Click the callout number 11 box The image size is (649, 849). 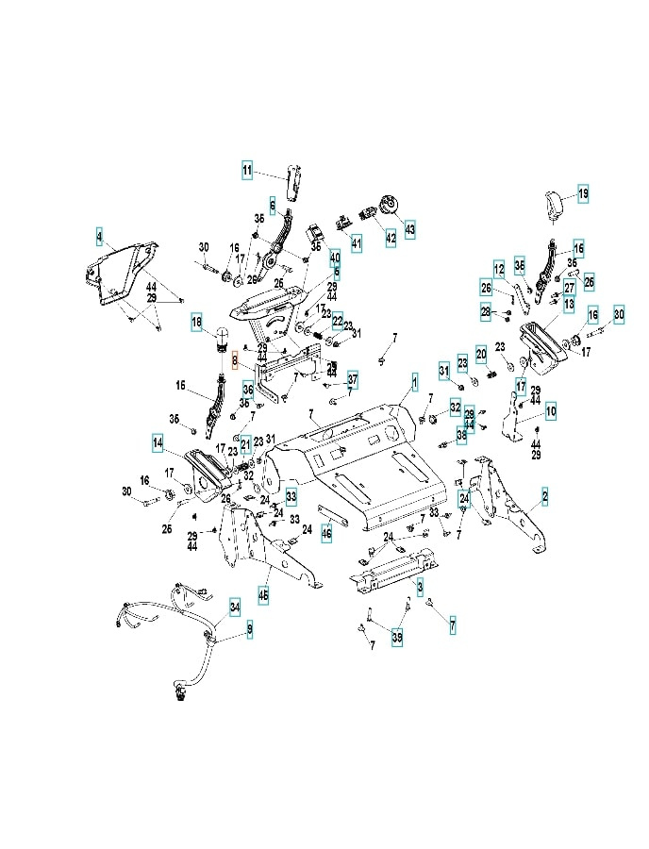tap(247, 171)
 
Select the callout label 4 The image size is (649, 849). tap(99, 232)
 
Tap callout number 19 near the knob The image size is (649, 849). tap(583, 193)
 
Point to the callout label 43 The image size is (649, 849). tap(409, 229)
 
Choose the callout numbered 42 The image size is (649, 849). tap(391, 238)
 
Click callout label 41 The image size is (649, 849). tap(357, 243)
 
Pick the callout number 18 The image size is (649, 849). tap(197, 322)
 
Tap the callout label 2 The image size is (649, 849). tap(544, 494)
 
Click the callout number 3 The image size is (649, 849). tap(420, 587)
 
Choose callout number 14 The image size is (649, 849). tap(158, 441)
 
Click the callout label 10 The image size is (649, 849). tap(550, 410)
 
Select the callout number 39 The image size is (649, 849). tap(397, 638)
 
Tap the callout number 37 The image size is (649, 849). tap(352, 379)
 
